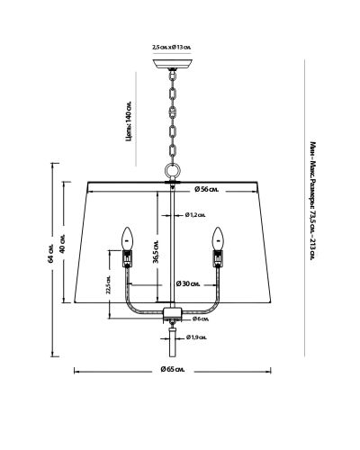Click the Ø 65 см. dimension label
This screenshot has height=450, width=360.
173,369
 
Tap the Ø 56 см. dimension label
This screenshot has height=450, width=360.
207,190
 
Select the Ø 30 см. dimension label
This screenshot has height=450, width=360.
188,283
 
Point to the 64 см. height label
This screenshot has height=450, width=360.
50,254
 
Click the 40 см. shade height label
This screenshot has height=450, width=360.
62,244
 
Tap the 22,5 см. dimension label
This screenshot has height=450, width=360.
109,284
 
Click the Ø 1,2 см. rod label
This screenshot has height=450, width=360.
195,215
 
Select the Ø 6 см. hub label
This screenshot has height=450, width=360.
201,319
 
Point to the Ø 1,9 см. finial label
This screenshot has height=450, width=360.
196,337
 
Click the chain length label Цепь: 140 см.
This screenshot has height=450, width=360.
129,121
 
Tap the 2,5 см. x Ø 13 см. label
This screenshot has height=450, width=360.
172,48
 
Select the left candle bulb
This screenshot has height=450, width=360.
127,238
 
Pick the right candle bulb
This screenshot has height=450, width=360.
218,238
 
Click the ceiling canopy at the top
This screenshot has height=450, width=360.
172,64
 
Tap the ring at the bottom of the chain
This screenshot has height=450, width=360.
173,171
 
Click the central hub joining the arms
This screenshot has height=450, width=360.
173,313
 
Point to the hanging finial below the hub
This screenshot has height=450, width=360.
173,341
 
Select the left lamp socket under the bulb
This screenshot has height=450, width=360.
127,258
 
